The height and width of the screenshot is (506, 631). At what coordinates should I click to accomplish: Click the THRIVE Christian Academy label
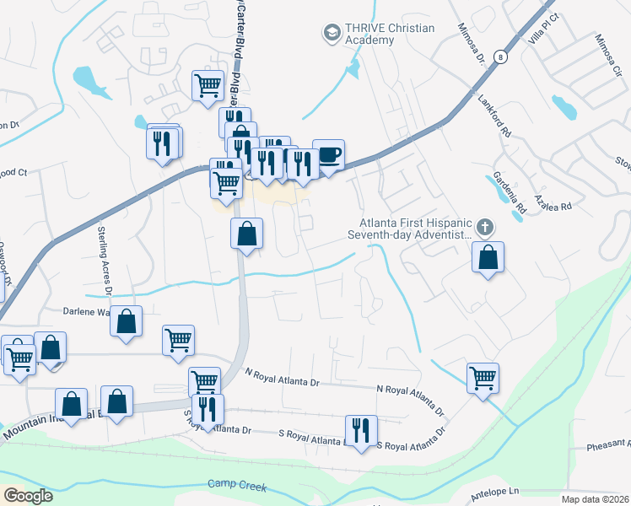(x=389, y=34)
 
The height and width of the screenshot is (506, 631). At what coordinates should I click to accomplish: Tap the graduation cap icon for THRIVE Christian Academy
(x=330, y=34)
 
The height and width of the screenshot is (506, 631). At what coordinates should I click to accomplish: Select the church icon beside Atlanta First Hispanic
(x=484, y=227)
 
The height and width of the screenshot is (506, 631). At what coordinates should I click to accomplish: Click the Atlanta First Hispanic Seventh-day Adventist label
(x=412, y=229)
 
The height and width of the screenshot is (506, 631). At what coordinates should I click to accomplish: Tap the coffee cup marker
(x=328, y=155)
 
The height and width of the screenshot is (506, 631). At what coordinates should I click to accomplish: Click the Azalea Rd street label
(x=554, y=206)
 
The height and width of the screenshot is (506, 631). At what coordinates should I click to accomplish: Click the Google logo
(x=29, y=496)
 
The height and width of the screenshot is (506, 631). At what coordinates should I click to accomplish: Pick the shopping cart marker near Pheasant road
(x=483, y=379)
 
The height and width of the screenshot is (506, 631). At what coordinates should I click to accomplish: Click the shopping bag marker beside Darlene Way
(x=126, y=322)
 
